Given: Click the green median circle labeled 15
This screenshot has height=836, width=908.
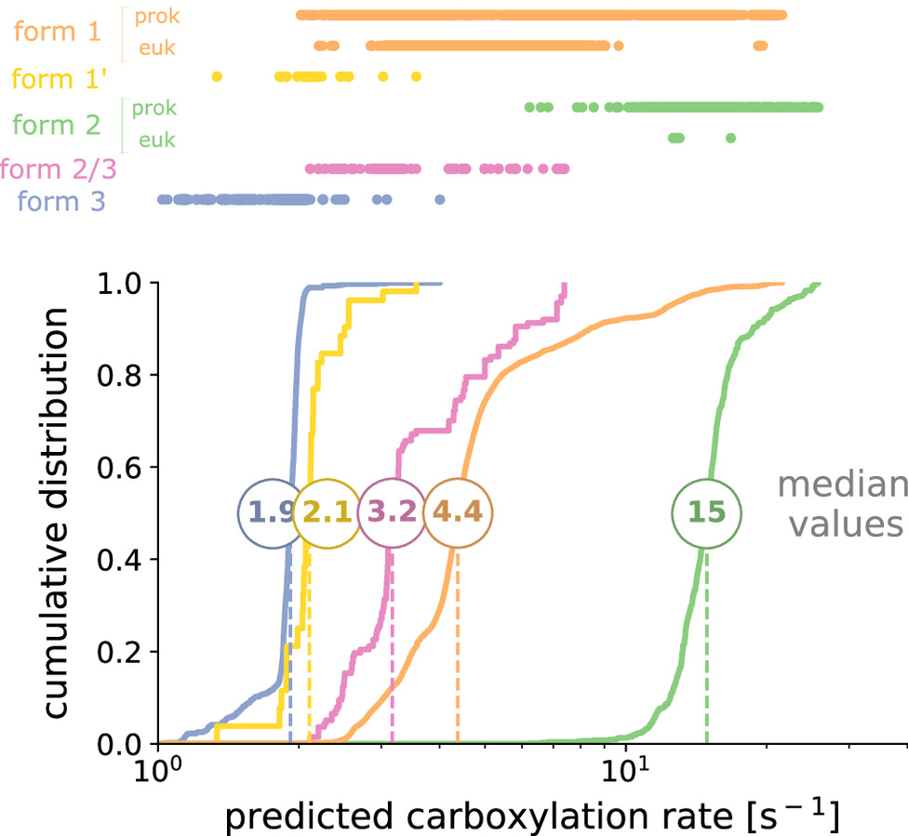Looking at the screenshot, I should point(707,513).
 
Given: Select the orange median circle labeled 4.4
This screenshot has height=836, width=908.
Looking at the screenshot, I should point(458,513).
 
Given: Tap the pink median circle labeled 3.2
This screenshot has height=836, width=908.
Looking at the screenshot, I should point(392,513).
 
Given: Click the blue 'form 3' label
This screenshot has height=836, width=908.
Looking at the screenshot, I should point(60,199).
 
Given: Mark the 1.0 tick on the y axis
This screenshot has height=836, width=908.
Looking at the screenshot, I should point(123,284).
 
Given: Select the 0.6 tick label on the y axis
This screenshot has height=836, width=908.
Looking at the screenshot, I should point(123,468).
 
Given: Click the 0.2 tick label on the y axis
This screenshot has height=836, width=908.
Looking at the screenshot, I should point(123,652).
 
